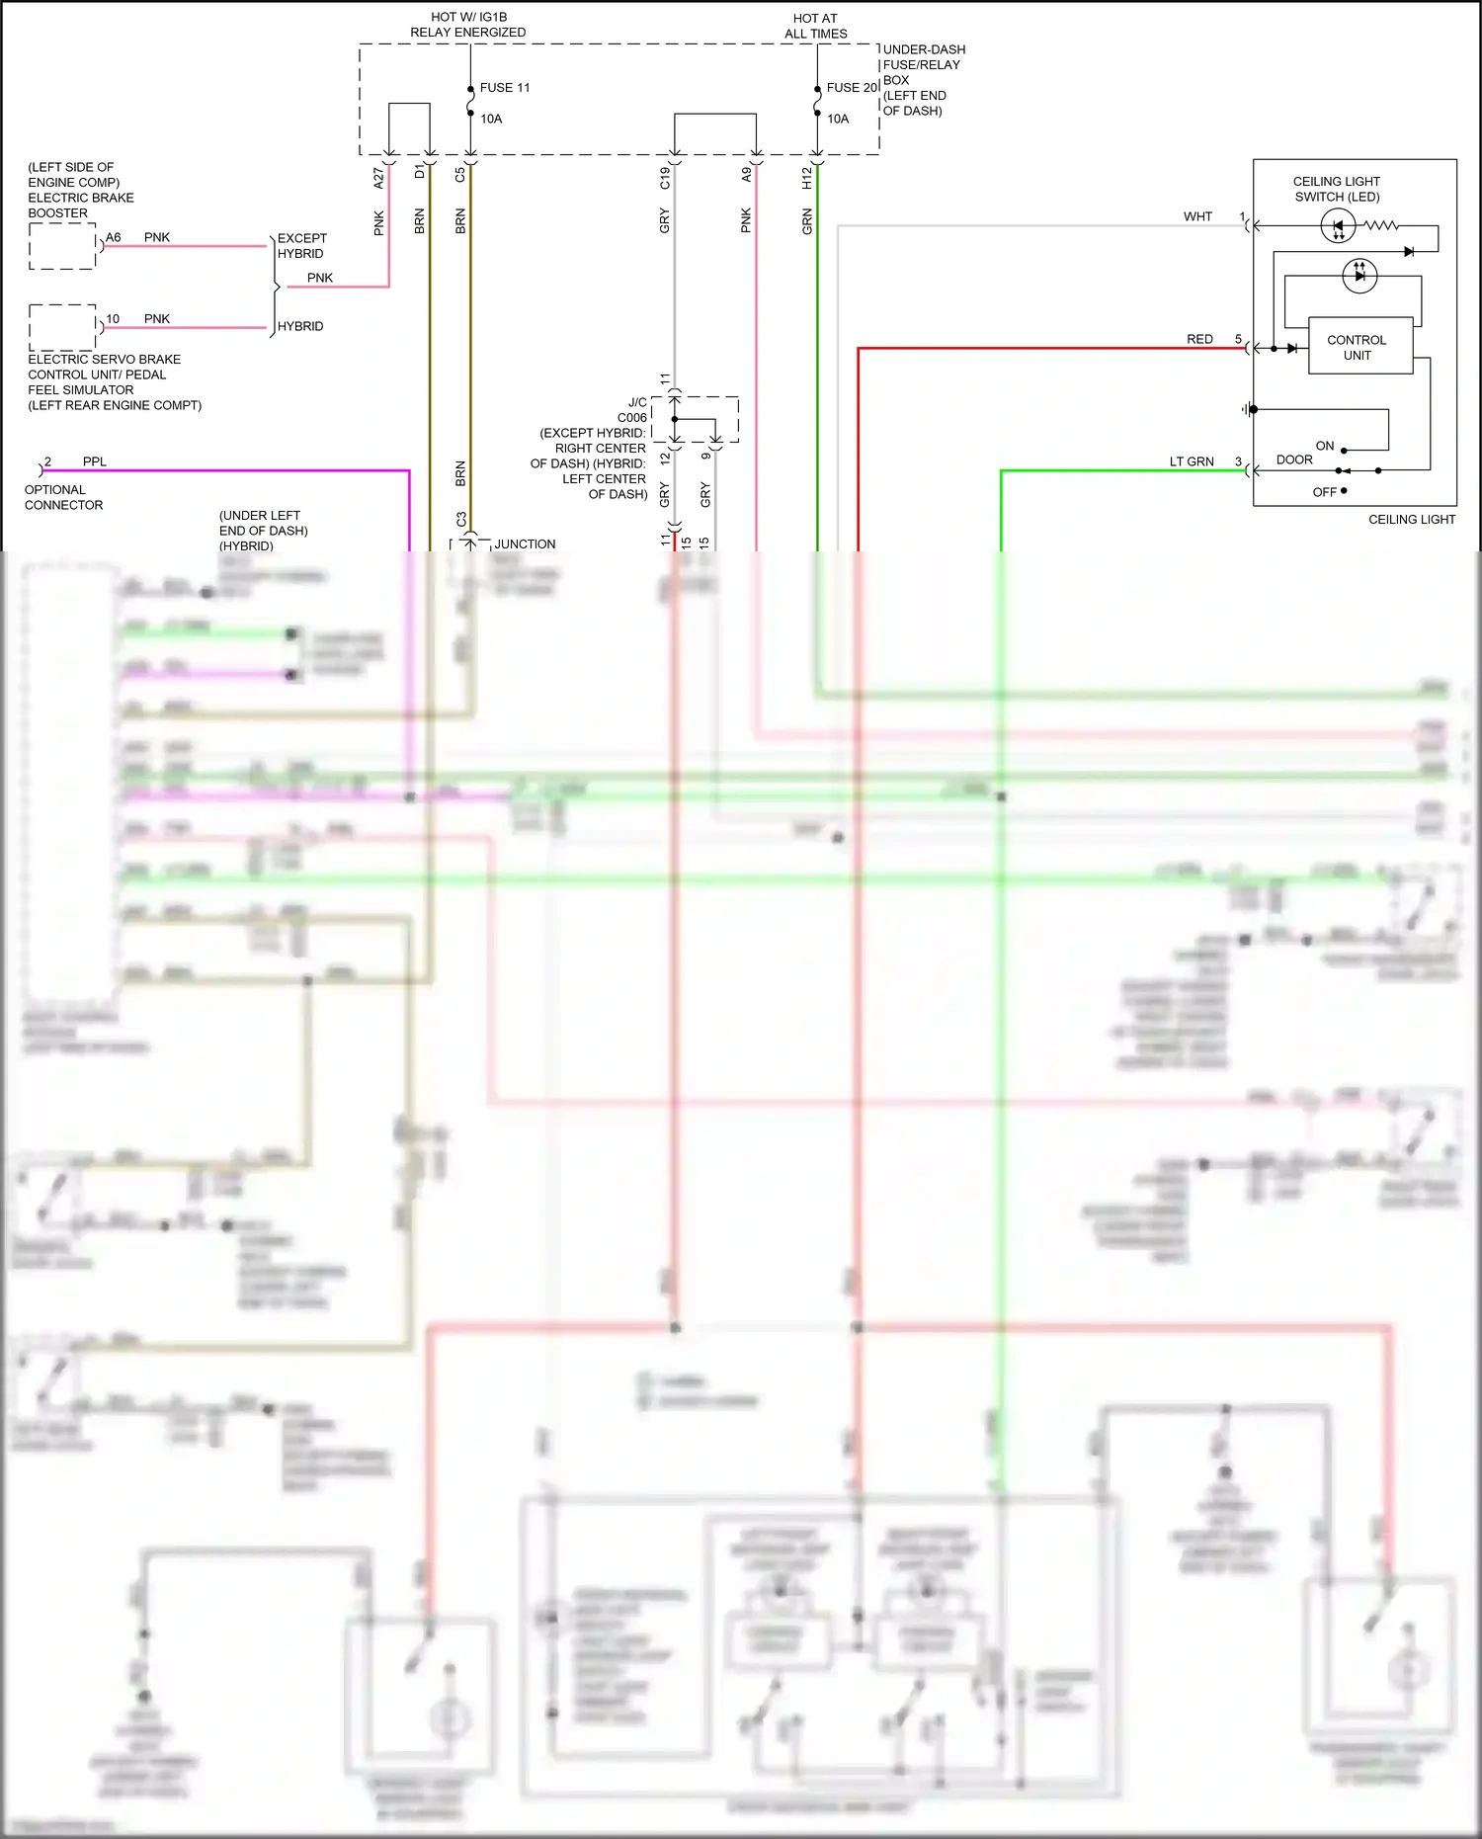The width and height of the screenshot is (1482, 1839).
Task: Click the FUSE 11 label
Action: click(x=504, y=88)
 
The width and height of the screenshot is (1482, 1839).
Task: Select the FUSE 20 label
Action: click(x=852, y=88)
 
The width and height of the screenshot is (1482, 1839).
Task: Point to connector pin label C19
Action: click(x=665, y=178)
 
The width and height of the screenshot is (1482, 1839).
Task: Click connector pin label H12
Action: click(x=807, y=178)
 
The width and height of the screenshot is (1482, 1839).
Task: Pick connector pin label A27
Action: click(x=378, y=178)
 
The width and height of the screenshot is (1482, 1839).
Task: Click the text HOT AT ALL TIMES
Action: click(x=815, y=26)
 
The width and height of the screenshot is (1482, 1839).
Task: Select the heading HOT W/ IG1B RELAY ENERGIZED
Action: click(x=468, y=25)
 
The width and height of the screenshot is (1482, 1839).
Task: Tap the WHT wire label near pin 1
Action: click(x=1197, y=216)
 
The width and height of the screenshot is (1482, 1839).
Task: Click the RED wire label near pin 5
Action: click(x=1199, y=339)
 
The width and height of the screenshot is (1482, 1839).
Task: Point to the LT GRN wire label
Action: click(x=1192, y=461)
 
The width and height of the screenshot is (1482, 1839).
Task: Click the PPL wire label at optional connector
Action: click(x=95, y=461)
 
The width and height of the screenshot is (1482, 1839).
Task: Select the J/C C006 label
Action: click(x=631, y=410)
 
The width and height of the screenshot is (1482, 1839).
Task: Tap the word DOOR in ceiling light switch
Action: click(x=1294, y=460)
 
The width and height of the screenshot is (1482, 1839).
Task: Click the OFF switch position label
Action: click(x=1324, y=492)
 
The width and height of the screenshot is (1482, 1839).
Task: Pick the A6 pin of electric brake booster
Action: click(x=114, y=237)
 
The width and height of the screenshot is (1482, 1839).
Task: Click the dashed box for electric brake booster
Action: click(x=62, y=246)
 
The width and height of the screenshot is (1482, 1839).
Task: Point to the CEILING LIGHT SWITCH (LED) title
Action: click(x=1337, y=189)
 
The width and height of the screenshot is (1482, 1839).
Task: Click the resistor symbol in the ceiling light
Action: click(x=1381, y=226)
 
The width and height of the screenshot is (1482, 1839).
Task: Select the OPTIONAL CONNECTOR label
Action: click(x=63, y=497)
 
